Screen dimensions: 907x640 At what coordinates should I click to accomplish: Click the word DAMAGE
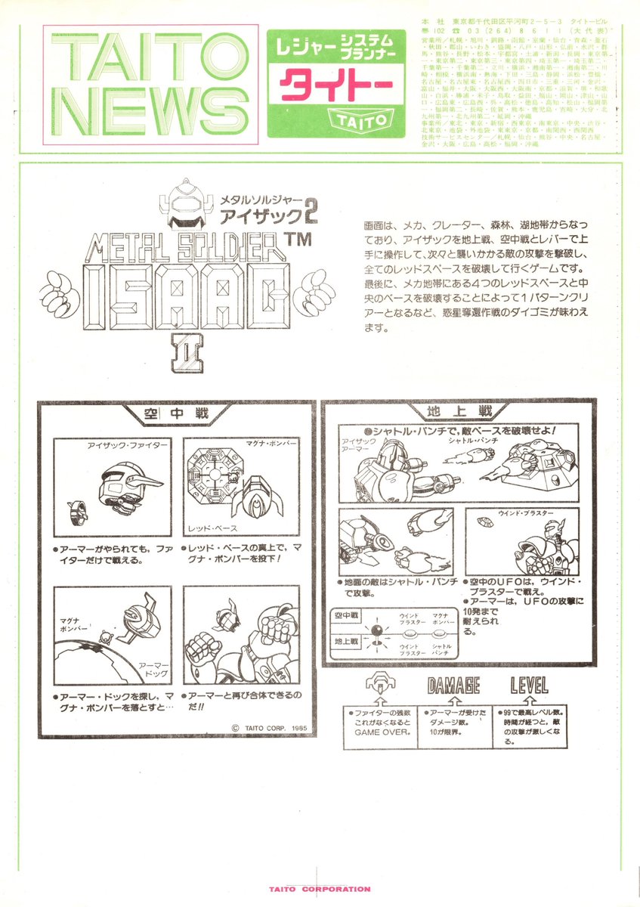(453, 686)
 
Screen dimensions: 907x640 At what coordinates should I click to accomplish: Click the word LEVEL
(529, 686)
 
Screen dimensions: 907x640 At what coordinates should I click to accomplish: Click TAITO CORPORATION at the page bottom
(320, 890)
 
